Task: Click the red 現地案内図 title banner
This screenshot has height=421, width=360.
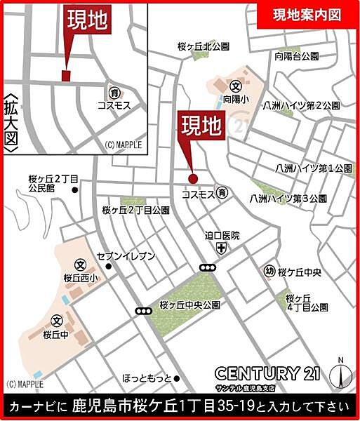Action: tap(306, 15)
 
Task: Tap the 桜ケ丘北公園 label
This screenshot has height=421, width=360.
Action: tap(204, 47)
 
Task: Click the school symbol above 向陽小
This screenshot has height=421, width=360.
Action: tap(236, 88)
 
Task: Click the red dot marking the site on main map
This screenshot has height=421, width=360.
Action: tap(193, 178)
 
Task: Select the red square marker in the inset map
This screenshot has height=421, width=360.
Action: tap(67, 75)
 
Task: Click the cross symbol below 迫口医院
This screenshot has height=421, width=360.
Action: tap(222, 248)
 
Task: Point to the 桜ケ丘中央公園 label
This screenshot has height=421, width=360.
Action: tap(189, 306)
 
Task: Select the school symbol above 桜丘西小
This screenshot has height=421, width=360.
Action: tap(80, 265)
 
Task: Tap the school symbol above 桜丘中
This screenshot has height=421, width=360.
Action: tap(57, 321)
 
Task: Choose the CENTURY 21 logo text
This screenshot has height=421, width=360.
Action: tap(268, 373)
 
